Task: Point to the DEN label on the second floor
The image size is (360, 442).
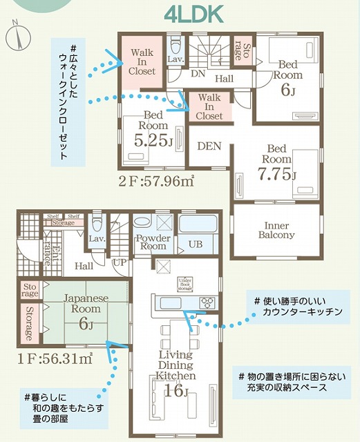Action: (x=209, y=146)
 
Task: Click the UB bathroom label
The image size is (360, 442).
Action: (x=196, y=243)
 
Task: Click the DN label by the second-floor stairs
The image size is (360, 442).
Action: (x=197, y=73)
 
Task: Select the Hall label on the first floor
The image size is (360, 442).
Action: (x=84, y=266)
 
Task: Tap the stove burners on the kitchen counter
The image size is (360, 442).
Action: (x=208, y=302)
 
